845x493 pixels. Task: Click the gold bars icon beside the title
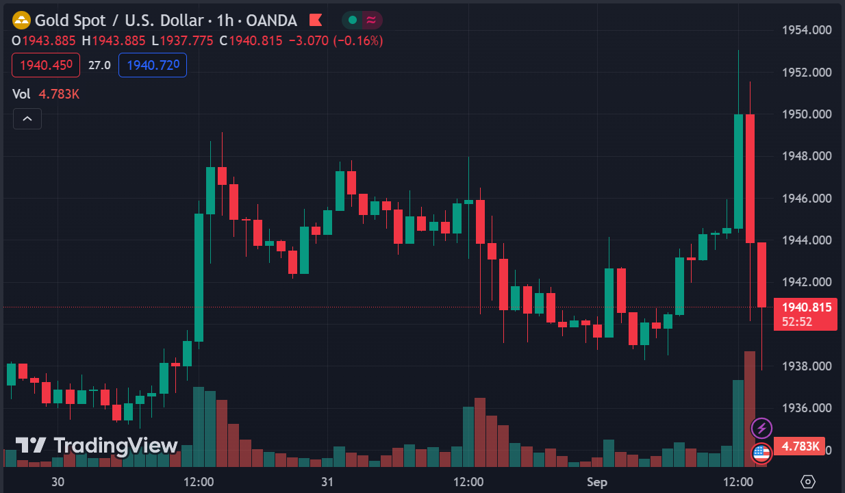pyautogui.click(x=22, y=21)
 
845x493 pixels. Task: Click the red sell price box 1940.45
pyautogui.click(x=46, y=65)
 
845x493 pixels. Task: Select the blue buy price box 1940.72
pyautogui.click(x=153, y=65)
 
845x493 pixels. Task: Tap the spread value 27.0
pyautogui.click(x=99, y=65)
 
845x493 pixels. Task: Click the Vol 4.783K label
pyautogui.click(x=46, y=94)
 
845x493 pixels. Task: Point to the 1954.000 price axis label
pyautogui.click(x=807, y=30)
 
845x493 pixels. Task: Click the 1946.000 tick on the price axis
pyautogui.click(x=807, y=199)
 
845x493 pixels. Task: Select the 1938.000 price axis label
pyautogui.click(x=807, y=366)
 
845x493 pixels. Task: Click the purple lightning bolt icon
pyautogui.click(x=761, y=429)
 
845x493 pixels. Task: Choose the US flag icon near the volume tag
pyautogui.click(x=761, y=453)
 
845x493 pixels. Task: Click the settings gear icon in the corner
pyautogui.click(x=808, y=482)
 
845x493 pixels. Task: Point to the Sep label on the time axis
pyautogui.click(x=596, y=482)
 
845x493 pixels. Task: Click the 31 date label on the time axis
pyautogui.click(x=327, y=482)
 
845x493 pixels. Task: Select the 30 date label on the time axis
pyautogui.click(x=58, y=482)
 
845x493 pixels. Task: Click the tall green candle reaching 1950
pyautogui.click(x=738, y=171)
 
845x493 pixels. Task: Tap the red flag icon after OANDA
pyautogui.click(x=316, y=21)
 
